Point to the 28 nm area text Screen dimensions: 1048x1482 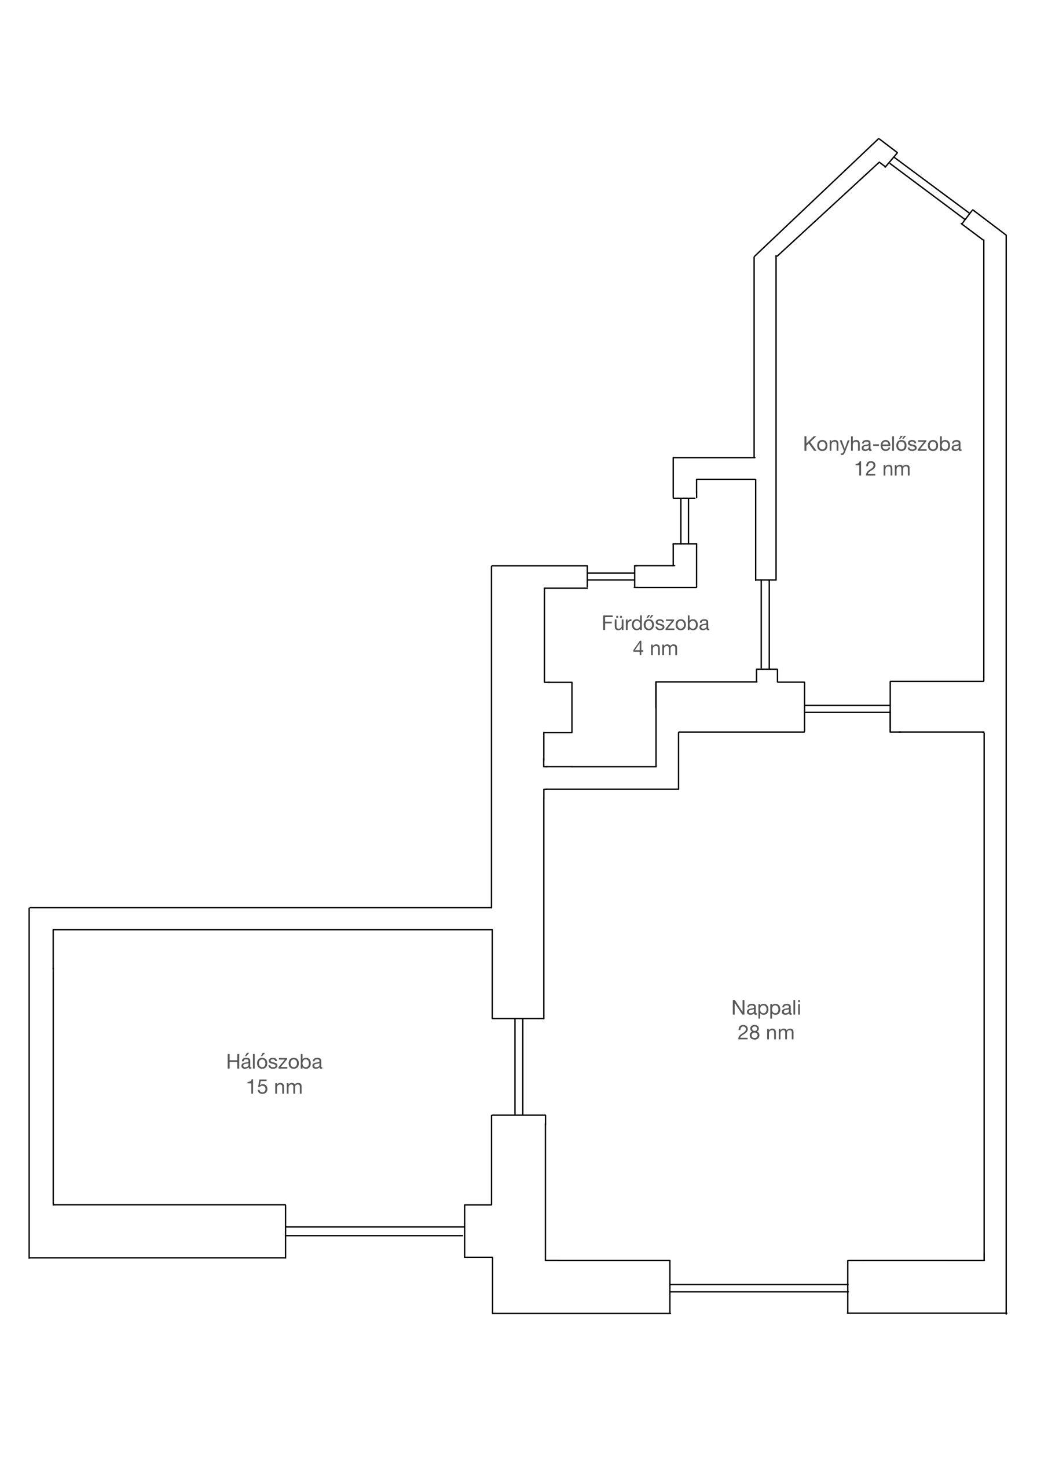[x=766, y=1033]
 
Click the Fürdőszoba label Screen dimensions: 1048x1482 [x=655, y=623]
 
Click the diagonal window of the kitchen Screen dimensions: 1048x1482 [x=929, y=189]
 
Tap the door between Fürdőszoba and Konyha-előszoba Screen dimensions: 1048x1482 [x=765, y=625]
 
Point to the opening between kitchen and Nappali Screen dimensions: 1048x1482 [x=847, y=708]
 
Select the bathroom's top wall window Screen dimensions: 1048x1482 [x=611, y=577]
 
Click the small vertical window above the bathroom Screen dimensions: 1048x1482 [x=684, y=521]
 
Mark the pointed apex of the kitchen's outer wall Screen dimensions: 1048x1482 [x=878, y=138]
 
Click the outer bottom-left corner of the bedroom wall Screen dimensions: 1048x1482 [x=30, y=1257]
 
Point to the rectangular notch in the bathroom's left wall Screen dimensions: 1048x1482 [x=558, y=707]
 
